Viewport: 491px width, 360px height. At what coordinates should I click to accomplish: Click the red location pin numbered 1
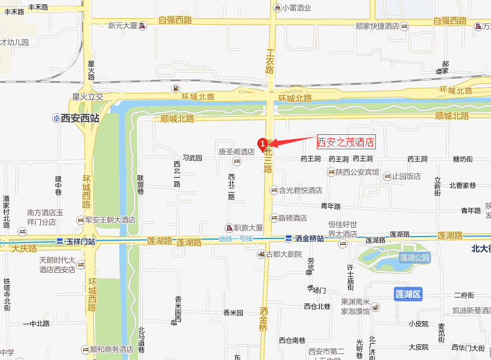pyautogui.click(x=263, y=143)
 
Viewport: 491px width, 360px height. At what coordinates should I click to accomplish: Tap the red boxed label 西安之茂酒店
pyautogui.click(x=346, y=142)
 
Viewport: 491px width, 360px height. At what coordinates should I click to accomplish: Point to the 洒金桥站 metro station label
pyautogui.click(x=308, y=238)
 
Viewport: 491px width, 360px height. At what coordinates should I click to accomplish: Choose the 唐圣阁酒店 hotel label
pyautogui.click(x=236, y=152)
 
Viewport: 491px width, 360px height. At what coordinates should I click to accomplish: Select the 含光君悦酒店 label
pyautogui.click(x=299, y=190)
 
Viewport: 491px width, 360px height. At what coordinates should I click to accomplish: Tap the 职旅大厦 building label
pyautogui.click(x=248, y=228)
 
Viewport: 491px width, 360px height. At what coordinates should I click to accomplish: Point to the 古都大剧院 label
pyautogui.click(x=283, y=254)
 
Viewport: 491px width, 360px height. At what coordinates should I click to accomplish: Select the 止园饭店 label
pyautogui.click(x=406, y=176)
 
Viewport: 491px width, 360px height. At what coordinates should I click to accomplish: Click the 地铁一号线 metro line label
pyautogui.click(x=237, y=240)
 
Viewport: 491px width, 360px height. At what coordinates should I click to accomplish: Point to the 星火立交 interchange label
pyautogui.click(x=88, y=96)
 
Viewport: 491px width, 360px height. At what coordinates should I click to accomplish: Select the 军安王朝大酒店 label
pyautogui.click(x=110, y=220)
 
